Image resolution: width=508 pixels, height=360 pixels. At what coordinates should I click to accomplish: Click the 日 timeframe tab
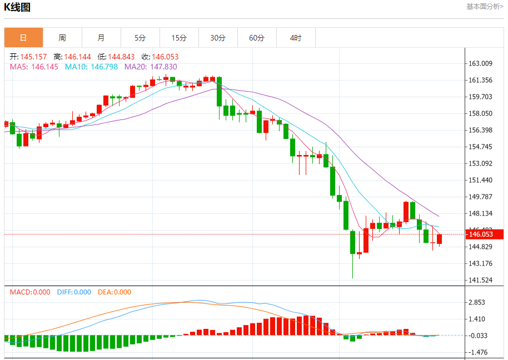(23, 38)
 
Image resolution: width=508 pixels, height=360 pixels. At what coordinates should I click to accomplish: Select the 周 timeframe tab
(62, 38)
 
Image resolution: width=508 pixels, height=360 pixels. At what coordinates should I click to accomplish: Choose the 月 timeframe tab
(101, 38)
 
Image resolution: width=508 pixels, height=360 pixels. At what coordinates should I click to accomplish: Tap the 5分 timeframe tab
(140, 38)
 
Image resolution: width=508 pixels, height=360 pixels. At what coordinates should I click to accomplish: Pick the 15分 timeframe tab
(179, 38)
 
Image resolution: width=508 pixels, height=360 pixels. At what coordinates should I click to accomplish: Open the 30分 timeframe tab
(218, 38)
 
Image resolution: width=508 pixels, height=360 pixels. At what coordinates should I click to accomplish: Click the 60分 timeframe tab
(257, 38)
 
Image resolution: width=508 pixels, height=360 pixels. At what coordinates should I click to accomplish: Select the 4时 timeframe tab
(296, 38)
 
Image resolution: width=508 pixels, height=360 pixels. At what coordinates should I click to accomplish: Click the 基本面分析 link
(485, 7)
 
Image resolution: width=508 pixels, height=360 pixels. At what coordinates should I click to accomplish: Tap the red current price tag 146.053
(484, 234)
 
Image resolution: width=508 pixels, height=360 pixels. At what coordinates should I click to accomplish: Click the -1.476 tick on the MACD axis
(479, 352)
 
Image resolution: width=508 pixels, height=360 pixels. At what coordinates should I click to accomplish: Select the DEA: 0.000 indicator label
(114, 292)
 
